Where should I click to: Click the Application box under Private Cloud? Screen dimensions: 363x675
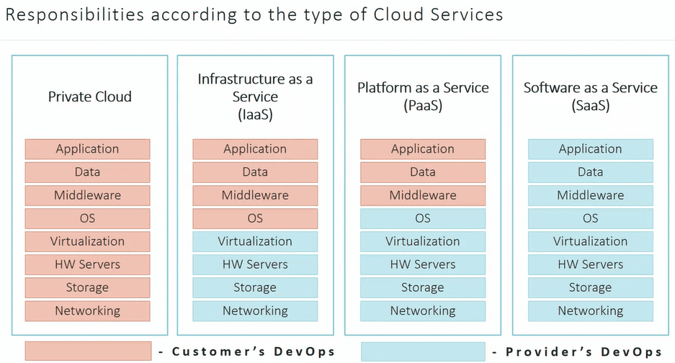pos(88,149)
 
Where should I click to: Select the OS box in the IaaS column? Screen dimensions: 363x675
pos(255,218)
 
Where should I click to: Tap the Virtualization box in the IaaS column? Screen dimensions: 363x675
pos(255,241)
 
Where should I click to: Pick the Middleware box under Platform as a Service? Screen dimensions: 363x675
pos(423,195)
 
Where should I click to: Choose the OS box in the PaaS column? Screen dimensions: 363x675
pos(423,218)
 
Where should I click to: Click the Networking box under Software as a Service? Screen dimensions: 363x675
pos(590,311)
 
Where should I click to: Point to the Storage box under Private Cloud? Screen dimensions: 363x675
pos(88,287)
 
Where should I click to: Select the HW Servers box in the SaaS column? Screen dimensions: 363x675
pos(590,264)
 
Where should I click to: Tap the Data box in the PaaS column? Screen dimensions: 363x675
pos(423,172)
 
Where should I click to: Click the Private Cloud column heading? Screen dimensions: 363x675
pos(90,97)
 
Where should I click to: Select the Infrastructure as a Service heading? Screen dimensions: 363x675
pos(255,97)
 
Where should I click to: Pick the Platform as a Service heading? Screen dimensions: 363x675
pos(423,97)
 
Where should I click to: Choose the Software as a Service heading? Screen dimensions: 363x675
pos(590,97)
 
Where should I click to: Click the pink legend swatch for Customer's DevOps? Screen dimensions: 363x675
pos(88,351)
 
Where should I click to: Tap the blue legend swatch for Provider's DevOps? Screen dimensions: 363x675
pos(423,351)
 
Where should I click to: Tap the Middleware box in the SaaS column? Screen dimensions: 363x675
pos(590,195)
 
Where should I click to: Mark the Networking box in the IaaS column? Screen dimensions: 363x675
pos(255,311)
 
